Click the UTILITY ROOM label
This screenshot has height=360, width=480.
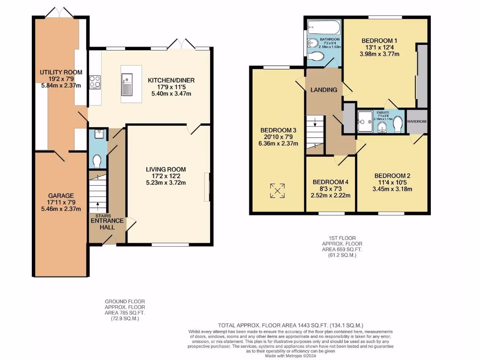(x=61, y=72)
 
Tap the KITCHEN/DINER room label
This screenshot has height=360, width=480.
(x=171, y=81)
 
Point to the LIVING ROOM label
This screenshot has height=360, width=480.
(x=165, y=169)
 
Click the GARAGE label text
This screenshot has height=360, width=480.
(x=61, y=195)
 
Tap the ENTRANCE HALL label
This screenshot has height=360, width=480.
(x=107, y=221)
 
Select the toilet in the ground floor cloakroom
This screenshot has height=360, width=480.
(x=97, y=162)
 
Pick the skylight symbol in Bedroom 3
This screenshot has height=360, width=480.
(x=277, y=191)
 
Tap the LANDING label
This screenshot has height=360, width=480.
(x=324, y=90)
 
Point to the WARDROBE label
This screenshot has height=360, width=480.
(x=417, y=121)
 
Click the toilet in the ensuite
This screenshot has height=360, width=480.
(x=397, y=124)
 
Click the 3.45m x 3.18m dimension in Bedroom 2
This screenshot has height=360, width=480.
(x=392, y=189)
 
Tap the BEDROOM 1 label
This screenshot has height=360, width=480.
(x=379, y=40)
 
